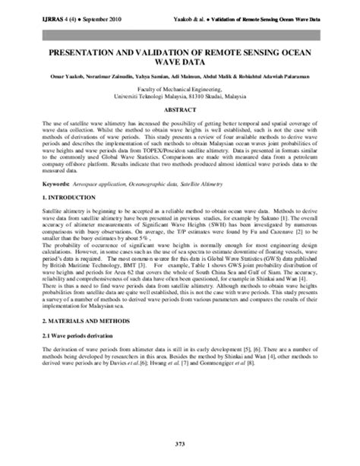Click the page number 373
179,442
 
